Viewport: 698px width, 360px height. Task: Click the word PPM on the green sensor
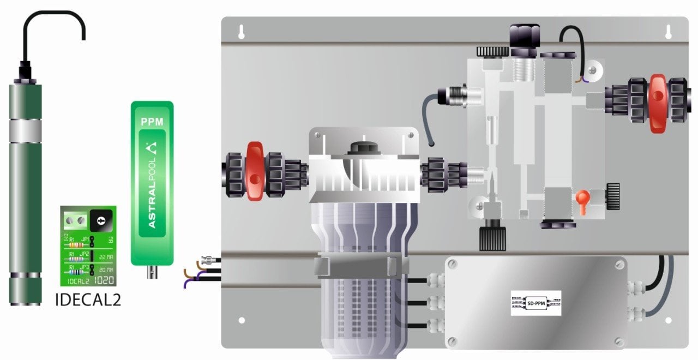[152, 122]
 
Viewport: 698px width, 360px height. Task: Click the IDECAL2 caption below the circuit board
[88, 299]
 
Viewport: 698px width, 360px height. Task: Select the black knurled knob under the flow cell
[492, 238]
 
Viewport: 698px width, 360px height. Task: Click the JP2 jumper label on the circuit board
[85, 255]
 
